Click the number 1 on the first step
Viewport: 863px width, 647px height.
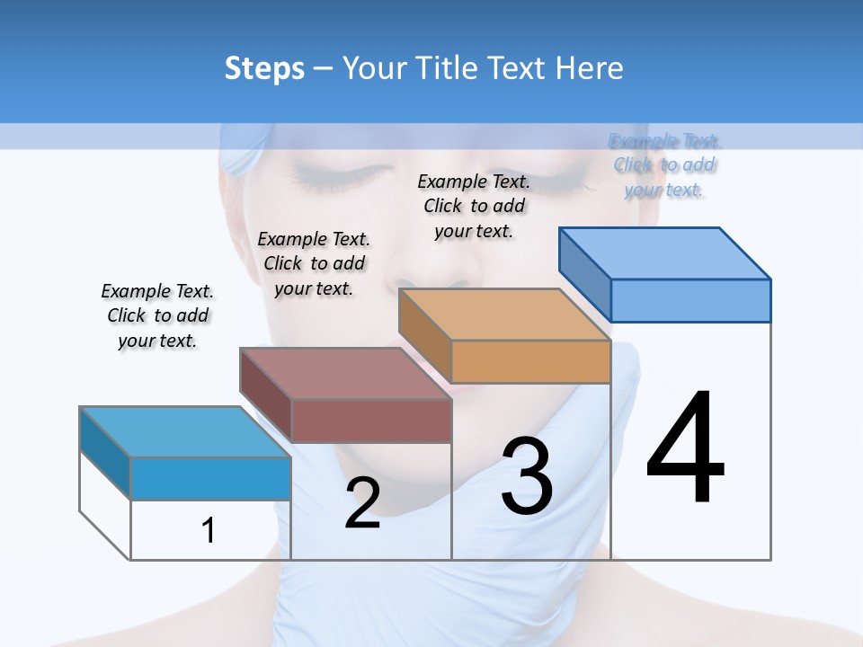[209, 530]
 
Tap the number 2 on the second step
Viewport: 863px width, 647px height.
[362, 502]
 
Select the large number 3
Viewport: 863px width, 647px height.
[527, 477]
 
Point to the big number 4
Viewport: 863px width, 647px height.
[686, 448]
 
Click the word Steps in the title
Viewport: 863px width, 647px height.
[264, 68]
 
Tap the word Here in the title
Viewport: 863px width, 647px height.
[592, 68]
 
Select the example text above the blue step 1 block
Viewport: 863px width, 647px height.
[157, 315]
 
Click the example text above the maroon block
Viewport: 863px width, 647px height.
[314, 263]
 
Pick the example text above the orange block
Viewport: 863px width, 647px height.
[474, 206]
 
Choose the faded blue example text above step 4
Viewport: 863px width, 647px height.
[664, 165]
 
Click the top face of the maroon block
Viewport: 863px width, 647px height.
[345, 373]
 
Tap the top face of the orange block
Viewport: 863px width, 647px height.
[504, 315]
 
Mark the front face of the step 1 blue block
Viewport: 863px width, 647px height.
[210, 478]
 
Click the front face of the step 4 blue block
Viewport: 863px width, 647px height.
[690, 300]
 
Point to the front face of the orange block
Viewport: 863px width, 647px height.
[530, 362]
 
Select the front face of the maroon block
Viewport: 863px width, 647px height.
[371, 421]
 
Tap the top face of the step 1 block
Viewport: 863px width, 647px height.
[184, 431]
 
